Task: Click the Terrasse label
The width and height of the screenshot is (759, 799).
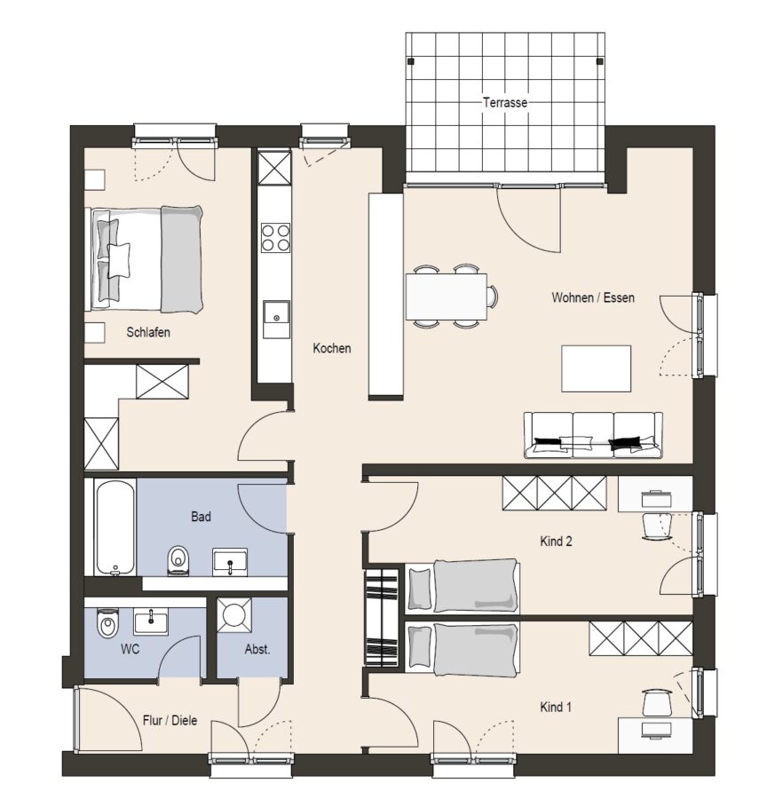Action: click(505, 102)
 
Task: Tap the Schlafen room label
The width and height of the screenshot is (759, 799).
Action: click(148, 332)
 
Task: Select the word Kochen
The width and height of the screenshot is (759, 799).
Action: click(332, 349)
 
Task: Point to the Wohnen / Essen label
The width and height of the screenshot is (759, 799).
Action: click(593, 297)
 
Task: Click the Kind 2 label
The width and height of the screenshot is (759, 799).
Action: click(556, 542)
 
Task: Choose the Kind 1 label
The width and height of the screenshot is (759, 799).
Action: click(556, 708)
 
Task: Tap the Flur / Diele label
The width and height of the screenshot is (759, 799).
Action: click(170, 721)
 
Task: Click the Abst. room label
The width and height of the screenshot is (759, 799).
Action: click(257, 649)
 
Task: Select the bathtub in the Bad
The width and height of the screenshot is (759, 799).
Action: click(115, 526)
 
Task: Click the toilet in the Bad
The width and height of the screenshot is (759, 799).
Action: click(178, 560)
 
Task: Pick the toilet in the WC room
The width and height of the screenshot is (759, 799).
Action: click(107, 622)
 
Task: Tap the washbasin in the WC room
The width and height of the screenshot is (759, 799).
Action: click(151, 621)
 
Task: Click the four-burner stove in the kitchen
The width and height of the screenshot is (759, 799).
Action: click(275, 238)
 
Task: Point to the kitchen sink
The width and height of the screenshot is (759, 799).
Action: click(276, 319)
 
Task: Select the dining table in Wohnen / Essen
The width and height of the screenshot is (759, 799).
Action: click(447, 297)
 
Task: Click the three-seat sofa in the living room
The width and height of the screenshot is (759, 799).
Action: click(594, 435)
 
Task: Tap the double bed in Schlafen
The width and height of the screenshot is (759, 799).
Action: click(146, 259)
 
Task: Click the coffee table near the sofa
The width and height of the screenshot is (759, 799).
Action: click(596, 368)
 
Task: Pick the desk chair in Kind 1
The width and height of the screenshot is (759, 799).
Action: click(657, 703)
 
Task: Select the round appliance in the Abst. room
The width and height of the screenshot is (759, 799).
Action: click(234, 615)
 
